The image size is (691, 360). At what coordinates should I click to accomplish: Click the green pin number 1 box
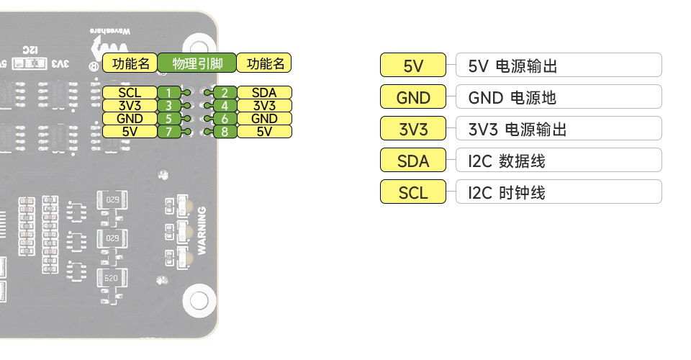point(168,93)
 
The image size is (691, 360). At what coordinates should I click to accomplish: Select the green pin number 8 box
point(225,132)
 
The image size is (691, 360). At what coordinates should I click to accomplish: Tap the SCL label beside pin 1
point(130,93)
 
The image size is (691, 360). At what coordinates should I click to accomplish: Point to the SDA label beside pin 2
point(264,93)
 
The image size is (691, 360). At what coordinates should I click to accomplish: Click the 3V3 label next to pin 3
point(130,106)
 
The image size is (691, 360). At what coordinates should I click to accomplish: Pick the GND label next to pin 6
point(264,119)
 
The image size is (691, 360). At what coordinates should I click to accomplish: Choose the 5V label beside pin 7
point(130,132)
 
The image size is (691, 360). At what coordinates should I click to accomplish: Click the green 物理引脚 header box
point(197,63)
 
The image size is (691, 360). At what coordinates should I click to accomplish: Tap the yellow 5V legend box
point(413,66)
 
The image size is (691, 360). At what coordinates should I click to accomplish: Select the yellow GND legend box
point(413,98)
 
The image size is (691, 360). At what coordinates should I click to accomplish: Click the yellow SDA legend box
point(413,161)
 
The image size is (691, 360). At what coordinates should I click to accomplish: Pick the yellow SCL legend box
point(413,192)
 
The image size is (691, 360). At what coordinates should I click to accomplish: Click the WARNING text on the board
point(202,230)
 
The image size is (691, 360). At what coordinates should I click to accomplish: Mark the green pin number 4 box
point(225,106)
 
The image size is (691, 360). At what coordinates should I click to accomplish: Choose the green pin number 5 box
point(168,119)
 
